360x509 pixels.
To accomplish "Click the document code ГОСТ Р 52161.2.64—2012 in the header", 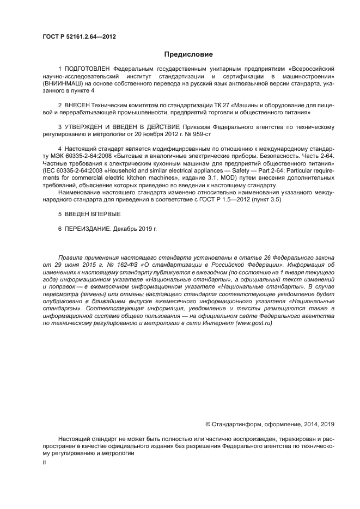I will (x=79, y=37).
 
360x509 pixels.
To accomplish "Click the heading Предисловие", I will (x=188, y=54).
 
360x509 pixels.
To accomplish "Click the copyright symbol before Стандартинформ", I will (x=208, y=424).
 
